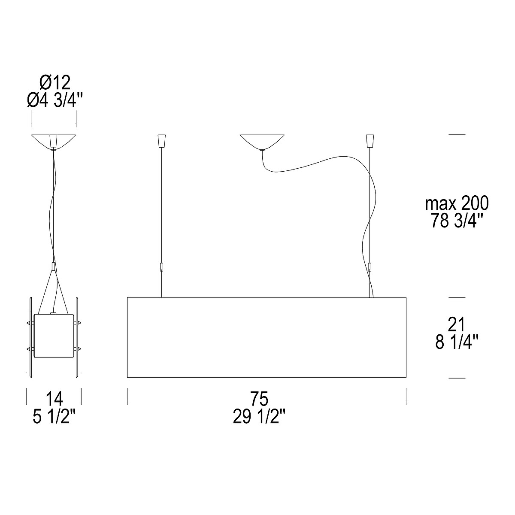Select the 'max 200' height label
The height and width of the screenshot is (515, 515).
coord(457,203)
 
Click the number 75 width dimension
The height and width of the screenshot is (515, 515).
coord(259,399)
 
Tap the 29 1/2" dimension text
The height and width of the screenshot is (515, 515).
coord(259,416)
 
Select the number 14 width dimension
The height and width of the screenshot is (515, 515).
coord(54,399)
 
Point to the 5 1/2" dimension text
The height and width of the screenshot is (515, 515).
coord(55,416)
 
